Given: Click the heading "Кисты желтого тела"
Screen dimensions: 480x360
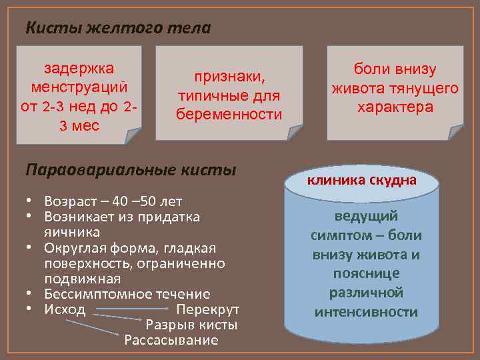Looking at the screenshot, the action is coord(118,28).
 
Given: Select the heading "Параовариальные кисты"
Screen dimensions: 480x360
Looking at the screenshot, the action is coord(131,169).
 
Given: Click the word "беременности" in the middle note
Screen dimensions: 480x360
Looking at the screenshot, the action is coord(229,115).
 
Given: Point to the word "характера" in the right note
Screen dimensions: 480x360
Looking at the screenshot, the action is coord(395,107).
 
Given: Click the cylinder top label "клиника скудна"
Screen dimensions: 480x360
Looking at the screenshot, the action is coord(361,180).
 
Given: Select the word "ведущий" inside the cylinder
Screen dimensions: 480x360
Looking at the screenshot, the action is coord(365,216).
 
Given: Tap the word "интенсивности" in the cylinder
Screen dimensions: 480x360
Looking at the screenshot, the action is coord(365,312).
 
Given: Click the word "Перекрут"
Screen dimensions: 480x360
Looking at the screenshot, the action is coord(207,309).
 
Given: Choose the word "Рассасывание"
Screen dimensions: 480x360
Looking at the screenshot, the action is coord(171,341).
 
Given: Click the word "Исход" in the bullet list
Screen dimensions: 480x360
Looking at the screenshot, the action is coord(65,309).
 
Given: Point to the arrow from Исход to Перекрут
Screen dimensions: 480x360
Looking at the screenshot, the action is coord(130,309).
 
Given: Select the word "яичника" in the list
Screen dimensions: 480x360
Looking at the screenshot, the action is coord(72,232).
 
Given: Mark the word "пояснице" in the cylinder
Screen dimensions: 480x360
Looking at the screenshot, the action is coord(365,273).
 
